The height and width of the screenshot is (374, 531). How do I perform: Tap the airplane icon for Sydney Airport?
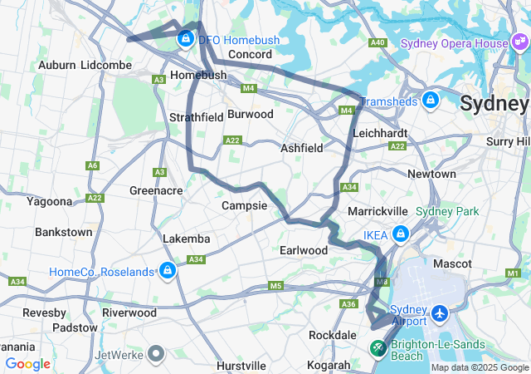439,316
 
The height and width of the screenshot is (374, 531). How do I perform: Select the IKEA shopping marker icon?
401,235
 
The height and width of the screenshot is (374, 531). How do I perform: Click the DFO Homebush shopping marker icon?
184,38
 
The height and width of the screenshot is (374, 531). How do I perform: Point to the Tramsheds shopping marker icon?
430,101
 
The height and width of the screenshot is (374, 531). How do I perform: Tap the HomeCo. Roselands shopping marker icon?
168,271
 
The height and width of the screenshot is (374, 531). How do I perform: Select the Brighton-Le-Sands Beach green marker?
378,348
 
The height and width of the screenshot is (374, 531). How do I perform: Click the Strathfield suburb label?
196,117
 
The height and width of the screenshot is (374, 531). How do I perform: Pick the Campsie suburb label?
244,205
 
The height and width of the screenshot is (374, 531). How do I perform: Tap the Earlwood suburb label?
304,250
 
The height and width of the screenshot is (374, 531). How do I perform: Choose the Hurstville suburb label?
241,365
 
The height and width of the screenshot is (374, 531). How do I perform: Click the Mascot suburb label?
452,263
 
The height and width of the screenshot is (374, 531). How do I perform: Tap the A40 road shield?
378,42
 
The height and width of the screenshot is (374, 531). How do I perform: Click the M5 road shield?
275,287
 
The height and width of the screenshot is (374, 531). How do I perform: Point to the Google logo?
27,363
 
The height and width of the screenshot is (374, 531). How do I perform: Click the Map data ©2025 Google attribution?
479,367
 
